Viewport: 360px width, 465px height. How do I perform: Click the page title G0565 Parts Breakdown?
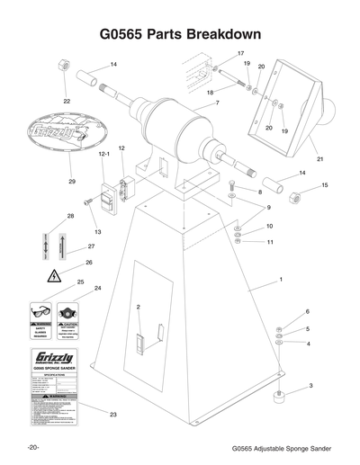(180, 34)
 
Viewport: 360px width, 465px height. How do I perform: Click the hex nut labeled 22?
(66, 67)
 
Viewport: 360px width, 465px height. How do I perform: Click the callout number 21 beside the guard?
(319, 159)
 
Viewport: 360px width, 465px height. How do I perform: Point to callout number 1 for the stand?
(281, 281)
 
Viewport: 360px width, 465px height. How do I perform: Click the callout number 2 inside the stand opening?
(138, 308)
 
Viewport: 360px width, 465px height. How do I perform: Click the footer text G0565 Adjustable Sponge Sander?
(282, 447)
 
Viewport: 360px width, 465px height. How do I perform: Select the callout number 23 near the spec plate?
(113, 415)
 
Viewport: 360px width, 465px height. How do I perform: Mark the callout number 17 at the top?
(240, 54)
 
